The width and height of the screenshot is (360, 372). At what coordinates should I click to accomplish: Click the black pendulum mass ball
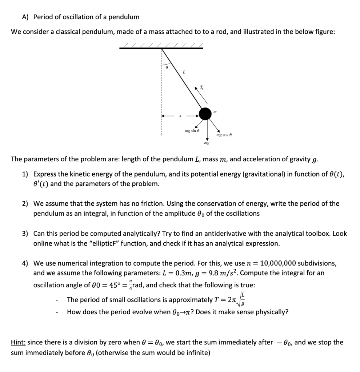tap(205, 114)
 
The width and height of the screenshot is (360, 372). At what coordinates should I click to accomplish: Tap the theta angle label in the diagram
tap(166, 68)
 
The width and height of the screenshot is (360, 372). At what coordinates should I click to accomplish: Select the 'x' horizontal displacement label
tap(180, 116)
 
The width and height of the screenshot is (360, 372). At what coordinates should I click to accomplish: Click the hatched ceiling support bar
tap(161, 47)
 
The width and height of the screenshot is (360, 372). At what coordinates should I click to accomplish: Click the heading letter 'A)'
tap(26, 17)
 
